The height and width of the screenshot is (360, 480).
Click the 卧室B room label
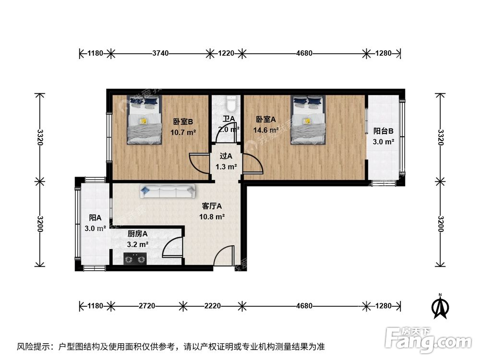[x=183, y=121]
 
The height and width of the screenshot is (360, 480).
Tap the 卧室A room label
[x=265, y=119]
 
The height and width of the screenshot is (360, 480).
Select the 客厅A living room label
[x=212, y=206]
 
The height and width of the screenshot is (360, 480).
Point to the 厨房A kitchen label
[x=137, y=234]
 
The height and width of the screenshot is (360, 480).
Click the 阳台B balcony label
[x=384, y=131]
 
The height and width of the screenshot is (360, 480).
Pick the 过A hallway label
[x=226, y=156]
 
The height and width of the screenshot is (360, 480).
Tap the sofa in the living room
[x=168, y=192]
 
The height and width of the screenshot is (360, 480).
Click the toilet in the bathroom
[x=231, y=102]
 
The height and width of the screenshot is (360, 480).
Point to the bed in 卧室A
[x=308, y=120]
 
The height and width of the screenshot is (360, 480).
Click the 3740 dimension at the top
[x=160, y=53]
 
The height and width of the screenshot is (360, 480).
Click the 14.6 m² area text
[x=266, y=130]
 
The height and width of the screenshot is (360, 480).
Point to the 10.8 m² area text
[x=212, y=216]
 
